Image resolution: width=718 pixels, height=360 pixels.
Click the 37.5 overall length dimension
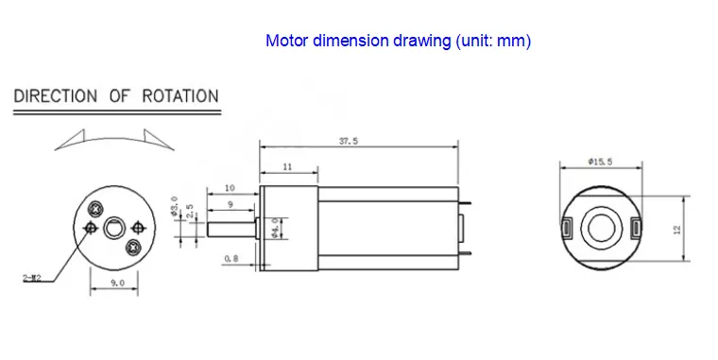(360, 141)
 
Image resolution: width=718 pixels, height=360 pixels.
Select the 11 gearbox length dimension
(286, 167)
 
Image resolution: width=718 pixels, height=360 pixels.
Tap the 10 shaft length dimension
(230, 188)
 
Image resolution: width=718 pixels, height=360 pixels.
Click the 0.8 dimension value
(231, 258)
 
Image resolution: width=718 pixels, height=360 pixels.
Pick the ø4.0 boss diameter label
(275, 228)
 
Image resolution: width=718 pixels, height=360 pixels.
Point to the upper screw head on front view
(94, 209)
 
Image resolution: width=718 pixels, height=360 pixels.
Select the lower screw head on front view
(134, 247)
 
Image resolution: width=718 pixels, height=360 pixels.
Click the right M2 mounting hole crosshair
(139, 227)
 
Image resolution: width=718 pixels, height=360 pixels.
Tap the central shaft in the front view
(114, 228)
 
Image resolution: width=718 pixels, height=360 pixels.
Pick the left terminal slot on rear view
(567, 228)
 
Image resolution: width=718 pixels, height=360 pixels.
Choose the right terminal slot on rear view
(634, 228)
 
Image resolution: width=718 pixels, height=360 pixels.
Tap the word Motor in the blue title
(286, 41)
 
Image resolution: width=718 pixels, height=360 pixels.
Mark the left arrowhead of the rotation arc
(60, 144)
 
